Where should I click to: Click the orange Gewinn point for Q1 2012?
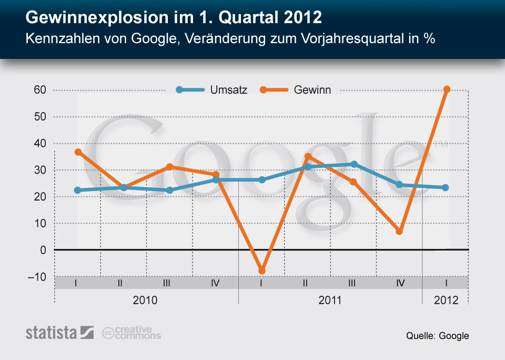coord(447,89)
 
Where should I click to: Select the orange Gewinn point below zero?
coord(261,271)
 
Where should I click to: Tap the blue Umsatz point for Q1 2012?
coord(446,187)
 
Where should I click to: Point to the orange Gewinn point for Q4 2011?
coord(399,231)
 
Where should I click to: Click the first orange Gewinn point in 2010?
coord(78,152)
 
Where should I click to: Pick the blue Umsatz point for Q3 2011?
coord(353,164)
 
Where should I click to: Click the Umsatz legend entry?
coord(211,90)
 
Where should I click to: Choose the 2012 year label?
coord(446,301)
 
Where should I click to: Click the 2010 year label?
coord(145,301)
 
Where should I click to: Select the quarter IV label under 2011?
coord(400,283)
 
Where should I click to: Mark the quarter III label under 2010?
coord(166,283)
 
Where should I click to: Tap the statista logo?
coord(59,333)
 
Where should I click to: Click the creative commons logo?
coord(132,333)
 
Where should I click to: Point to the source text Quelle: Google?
coord(437,336)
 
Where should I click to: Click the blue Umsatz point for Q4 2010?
coord(215,180)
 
